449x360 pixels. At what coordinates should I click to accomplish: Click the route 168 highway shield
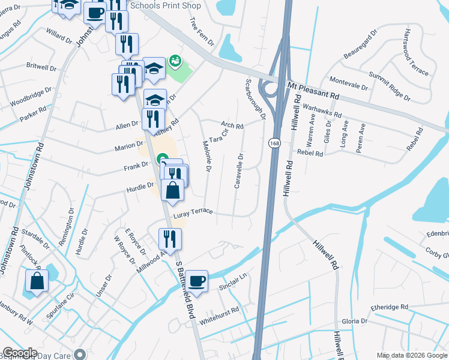[273, 144]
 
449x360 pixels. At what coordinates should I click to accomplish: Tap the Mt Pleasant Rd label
[313, 92]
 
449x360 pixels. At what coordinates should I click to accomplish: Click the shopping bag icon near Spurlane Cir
[37, 281]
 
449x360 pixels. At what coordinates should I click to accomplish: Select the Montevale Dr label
[349, 83]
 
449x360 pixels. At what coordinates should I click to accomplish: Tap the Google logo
[19, 353]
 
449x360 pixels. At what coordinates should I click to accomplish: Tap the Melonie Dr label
[206, 157]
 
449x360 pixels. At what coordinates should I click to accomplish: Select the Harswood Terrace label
[417, 52]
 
